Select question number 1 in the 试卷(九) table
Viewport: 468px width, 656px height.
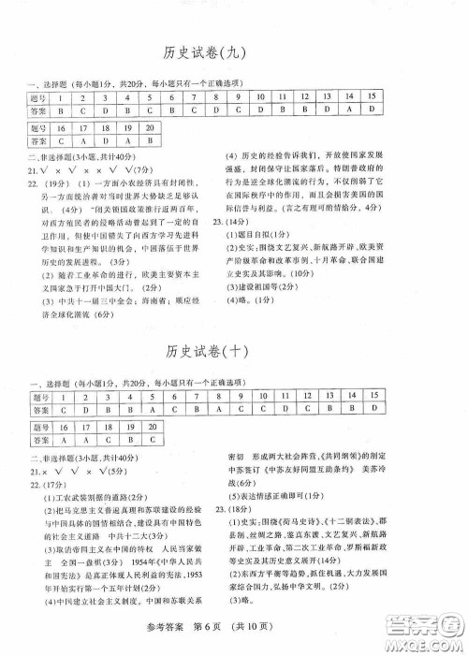[61, 96]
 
